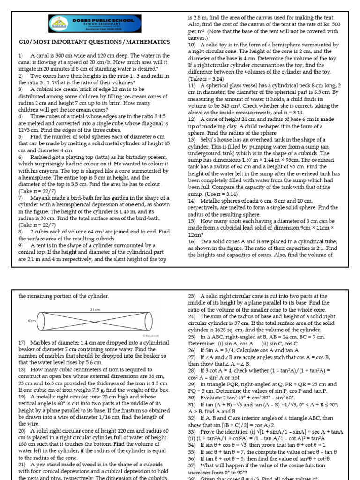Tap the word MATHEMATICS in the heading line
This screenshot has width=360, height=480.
click(146, 42)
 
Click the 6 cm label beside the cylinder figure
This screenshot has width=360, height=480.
click(32, 321)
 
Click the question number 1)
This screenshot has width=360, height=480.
click(21, 56)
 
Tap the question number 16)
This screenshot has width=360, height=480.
click(192, 241)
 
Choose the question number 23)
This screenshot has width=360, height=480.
click(192, 296)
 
